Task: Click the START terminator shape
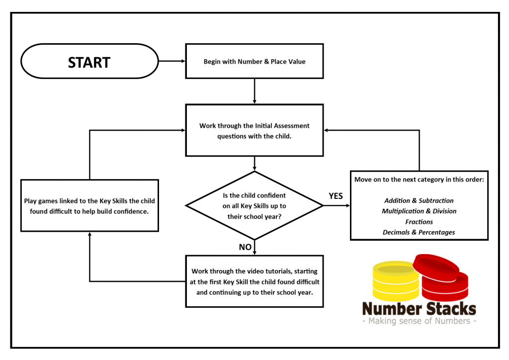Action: coord(89,61)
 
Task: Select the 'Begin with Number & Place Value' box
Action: coord(254,61)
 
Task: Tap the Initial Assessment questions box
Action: coord(254,130)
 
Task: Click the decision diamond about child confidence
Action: coord(254,205)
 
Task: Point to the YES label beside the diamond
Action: coord(336,196)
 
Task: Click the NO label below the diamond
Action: coord(245,247)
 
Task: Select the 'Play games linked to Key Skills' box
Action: coord(89,205)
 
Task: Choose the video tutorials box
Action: coord(254,281)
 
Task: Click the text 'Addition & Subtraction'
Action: coord(419,200)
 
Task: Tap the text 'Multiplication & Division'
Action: coord(419,211)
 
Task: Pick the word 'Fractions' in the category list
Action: coord(419,222)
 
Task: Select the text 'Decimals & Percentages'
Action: coord(419,232)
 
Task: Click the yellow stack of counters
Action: coord(396,281)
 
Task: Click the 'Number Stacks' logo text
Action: coord(419,309)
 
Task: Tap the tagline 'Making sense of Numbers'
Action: coord(419,321)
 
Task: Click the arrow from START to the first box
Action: coord(172,61)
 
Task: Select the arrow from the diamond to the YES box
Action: coord(337,205)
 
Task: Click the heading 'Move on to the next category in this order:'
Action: coord(419,180)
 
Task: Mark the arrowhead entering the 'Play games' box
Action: coord(89,234)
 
